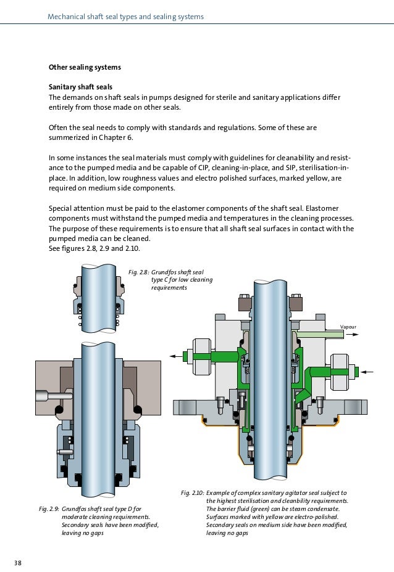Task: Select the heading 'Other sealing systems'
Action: click(x=85, y=67)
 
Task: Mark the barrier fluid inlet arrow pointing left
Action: click(x=368, y=372)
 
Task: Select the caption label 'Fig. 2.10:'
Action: click(x=193, y=493)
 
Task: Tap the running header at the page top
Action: click(x=125, y=17)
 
